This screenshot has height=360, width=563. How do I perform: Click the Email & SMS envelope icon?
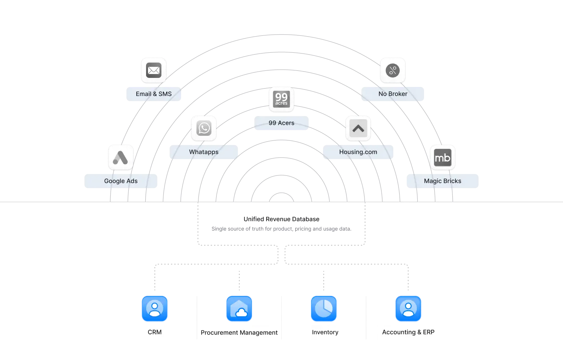coord(154,70)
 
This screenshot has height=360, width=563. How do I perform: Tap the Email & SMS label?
coord(154,94)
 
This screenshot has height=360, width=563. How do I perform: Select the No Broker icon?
coord(393,70)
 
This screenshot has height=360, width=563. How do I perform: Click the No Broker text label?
coord(393,94)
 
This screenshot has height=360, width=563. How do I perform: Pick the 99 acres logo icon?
coord(281,99)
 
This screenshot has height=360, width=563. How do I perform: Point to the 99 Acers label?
coord(281,123)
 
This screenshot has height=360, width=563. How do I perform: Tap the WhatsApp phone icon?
coord(204,128)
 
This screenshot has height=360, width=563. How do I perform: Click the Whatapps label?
coord(204,152)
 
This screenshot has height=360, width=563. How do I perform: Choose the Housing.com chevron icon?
coord(358,128)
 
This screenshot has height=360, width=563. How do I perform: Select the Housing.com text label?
coord(358,152)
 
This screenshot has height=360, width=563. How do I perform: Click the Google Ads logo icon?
coord(120,157)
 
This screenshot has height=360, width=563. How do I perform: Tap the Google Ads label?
coord(120,181)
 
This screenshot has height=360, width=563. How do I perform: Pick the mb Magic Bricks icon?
coord(443,157)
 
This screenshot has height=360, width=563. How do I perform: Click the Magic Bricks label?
coord(443,181)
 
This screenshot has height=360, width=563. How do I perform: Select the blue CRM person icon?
coord(155,309)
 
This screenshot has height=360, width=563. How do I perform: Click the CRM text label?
coord(155,332)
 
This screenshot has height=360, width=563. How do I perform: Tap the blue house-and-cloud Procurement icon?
coord(239,309)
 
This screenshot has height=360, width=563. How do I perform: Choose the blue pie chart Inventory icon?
coord(324,309)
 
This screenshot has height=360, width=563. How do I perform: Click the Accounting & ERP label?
coord(408,332)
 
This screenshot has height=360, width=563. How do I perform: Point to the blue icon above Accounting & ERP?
coord(408,309)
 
